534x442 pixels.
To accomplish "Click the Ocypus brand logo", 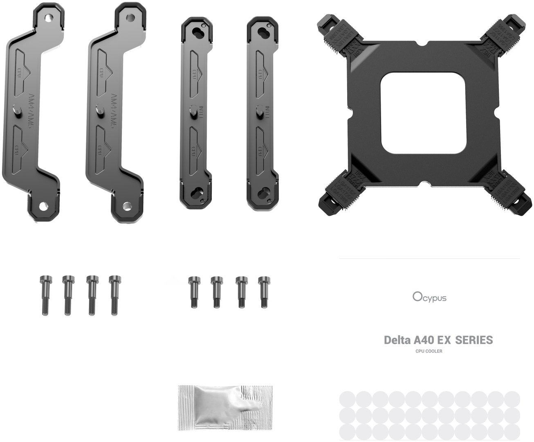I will click(429, 297).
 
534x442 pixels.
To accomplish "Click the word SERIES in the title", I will click(474, 340).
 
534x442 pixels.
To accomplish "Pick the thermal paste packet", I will click(225, 408).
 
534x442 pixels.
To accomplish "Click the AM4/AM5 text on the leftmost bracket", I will click(29, 110).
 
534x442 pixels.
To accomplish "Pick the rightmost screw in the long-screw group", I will click(114, 295).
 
